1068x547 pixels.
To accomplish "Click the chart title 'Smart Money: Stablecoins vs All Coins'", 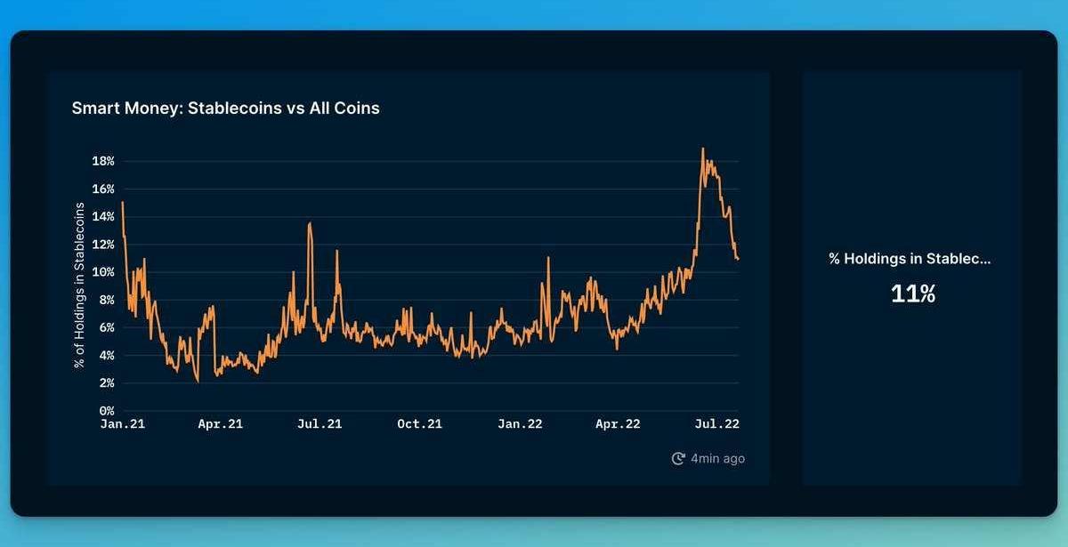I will click(x=225, y=109).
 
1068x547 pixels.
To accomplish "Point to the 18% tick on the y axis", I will click(x=104, y=161).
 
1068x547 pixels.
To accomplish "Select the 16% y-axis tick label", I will click(x=104, y=189).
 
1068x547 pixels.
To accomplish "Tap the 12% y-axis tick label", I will click(x=104, y=245).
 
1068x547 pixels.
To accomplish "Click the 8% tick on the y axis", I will click(x=107, y=300).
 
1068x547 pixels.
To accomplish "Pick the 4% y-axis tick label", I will click(x=107, y=355).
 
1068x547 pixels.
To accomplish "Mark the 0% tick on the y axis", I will click(x=107, y=411).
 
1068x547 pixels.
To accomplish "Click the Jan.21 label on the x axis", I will click(x=122, y=424).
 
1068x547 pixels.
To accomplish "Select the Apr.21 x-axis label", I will click(x=220, y=424).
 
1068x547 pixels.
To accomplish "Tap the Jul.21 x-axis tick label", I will click(x=320, y=424).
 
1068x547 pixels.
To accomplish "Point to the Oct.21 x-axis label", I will click(x=419, y=424).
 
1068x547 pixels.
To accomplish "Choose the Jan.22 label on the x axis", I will click(x=519, y=424).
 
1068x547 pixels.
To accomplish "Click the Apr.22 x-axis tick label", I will click(x=618, y=424).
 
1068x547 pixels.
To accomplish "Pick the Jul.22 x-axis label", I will click(x=716, y=424).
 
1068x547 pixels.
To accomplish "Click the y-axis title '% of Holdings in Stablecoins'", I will click(x=79, y=285).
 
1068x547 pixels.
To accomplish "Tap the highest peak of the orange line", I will click(x=702, y=149).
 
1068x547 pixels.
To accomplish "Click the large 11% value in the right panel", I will click(x=913, y=294).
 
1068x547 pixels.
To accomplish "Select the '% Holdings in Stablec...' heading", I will click(x=910, y=259).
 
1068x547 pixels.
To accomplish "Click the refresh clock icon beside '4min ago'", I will click(x=678, y=459).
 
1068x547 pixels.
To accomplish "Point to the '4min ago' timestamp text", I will click(x=718, y=459).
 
